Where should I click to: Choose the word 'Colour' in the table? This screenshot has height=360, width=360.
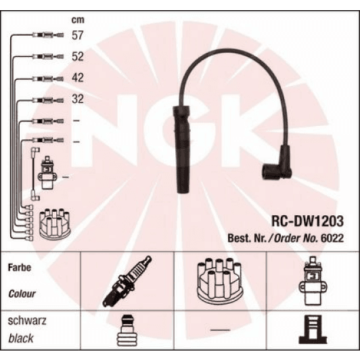(x=22, y=294)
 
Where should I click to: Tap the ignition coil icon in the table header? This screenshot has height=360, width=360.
(x=312, y=280)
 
